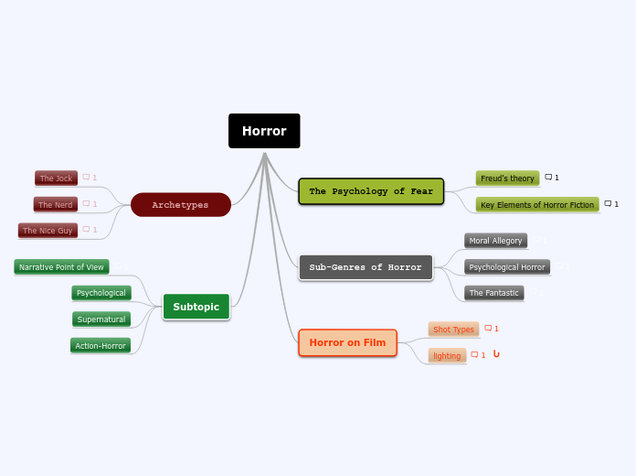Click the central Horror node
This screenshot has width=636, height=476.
click(264, 131)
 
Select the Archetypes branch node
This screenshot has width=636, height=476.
click(180, 205)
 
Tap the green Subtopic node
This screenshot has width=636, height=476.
click(196, 307)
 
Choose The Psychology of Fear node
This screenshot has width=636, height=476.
click(371, 191)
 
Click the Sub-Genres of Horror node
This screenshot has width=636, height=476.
click(366, 267)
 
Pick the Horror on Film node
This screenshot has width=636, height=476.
click(347, 342)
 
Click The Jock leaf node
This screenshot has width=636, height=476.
click(56, 178)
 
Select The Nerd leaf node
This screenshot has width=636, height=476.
click(56, 204)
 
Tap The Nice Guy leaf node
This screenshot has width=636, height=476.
click(48, 230)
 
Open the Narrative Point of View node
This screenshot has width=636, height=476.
click(61, 267)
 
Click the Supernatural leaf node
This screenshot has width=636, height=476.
click(101, 319)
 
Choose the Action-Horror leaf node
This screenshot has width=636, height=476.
click(101, 345)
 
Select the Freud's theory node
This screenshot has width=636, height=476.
click(507, 178)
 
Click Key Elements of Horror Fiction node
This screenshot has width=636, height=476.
click(537, 204)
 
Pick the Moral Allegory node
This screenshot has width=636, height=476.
click(495, 241)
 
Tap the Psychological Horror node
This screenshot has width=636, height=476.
click(507, 267)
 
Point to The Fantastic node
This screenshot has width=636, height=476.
click(493, 293)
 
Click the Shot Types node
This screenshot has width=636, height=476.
click(453, 329)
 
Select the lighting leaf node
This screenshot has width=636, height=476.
click(447, 355)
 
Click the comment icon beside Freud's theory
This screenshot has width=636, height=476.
click(549, 177)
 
